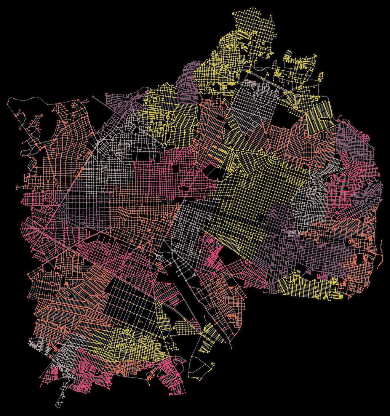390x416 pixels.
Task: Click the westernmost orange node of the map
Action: coord(8,102)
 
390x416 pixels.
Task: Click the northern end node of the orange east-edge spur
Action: coord(381,242)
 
